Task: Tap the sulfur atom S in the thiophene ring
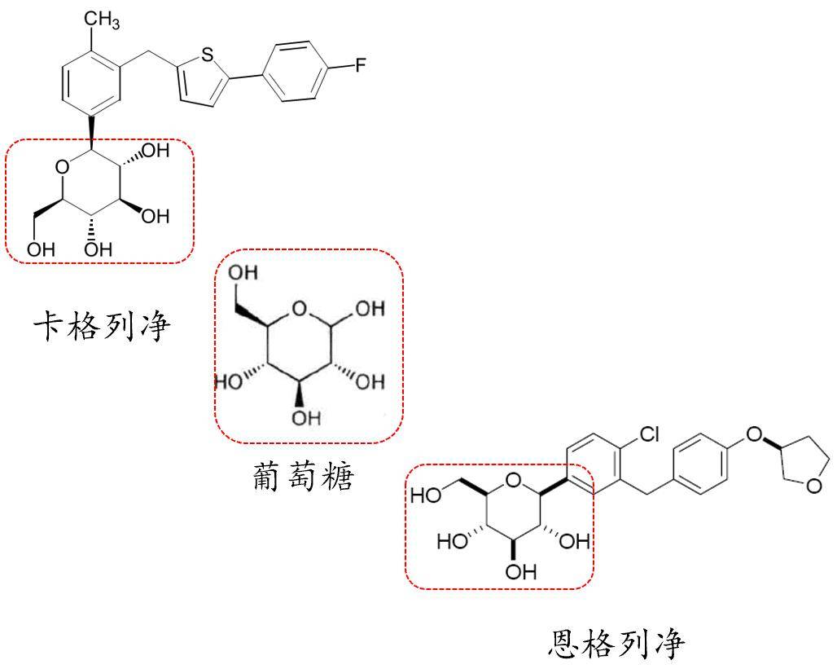point(207,55)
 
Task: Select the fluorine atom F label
point(359,66)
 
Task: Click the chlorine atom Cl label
point(647,435)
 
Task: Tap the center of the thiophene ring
point(197,80)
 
